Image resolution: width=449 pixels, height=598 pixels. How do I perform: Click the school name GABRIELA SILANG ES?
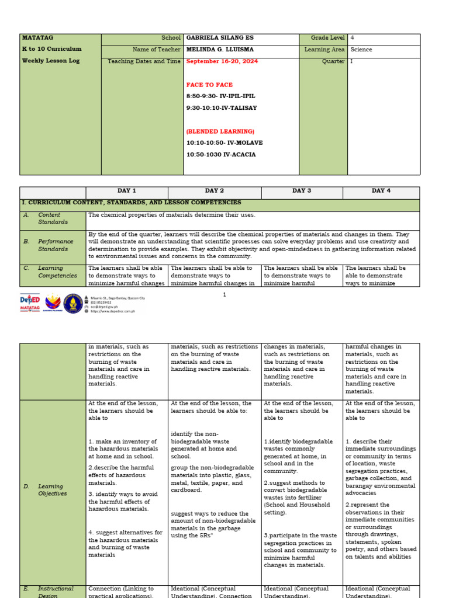[x=220, y=38]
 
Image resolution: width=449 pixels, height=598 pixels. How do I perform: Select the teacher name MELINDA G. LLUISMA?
[x=222, y=50]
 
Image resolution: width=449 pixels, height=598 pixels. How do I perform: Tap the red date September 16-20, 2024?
[x=222, y=61]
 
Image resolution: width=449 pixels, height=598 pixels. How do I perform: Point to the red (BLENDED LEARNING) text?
[x=220, y=131]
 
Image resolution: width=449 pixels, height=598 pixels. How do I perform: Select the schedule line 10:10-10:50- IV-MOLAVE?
[x=224, y=143]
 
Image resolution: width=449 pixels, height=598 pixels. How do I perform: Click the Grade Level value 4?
[x=353, y=38]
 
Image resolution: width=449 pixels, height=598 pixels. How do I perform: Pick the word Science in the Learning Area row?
[x=361, y=50]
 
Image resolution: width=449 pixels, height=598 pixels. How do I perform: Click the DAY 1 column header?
[x=126, y=191]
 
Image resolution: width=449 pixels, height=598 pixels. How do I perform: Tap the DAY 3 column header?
[x=302, y=191]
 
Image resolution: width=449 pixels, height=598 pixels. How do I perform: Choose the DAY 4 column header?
[x=381, y=191]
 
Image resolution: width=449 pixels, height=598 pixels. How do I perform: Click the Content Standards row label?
[x=53, y=218]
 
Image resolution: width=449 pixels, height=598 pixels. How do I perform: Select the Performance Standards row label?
[x=56, y=245]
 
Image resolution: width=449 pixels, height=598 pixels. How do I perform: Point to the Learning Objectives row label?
[x=53, y=490]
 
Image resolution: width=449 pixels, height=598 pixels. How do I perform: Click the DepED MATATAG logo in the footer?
[x=30, y=303]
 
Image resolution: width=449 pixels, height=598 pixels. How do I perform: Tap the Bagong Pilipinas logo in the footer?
[x=53, y=303]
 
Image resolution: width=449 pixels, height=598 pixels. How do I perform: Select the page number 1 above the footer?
[x=224, y=295]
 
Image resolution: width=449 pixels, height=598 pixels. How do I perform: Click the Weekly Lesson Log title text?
[x=50, y=61]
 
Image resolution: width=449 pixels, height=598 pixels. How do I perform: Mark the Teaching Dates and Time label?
[x=144, y=61]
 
